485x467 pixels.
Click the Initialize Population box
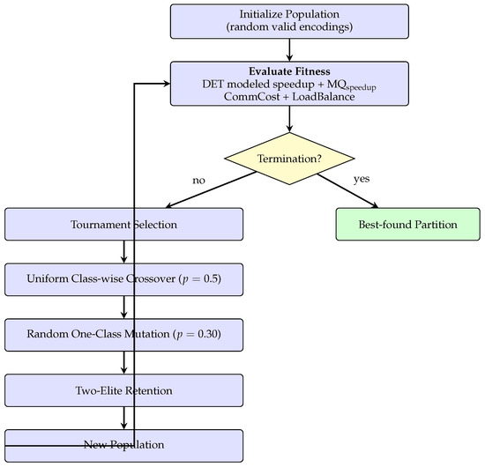click(x=289, y=21)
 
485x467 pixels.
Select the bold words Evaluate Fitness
click(x=289, y=71)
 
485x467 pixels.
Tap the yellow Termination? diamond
click(x=289, y=159)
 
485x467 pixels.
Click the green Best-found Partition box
click(x=407, y=224)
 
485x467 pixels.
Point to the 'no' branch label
click(x=198, y=180)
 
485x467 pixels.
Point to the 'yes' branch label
click(x=362, y=179)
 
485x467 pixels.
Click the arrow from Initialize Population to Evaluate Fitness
click(x=289, y=50)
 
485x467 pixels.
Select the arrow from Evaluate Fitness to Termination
click(x=289, y=119)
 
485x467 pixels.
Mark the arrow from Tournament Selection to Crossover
click(x=123, y=252)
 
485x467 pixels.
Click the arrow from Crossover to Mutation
click(x=123, y=308)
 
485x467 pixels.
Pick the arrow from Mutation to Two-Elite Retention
click(x=123, y=362)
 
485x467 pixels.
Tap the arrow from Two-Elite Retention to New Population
click(x=123, y=418)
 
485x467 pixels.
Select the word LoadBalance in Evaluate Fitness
click(x=324, y=97)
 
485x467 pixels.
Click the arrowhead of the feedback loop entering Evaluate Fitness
click(x=168, y=84)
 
